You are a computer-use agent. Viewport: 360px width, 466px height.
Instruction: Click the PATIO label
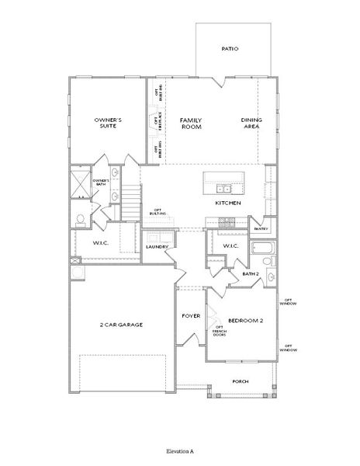230,48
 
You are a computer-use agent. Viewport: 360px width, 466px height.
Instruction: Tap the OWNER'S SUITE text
106,123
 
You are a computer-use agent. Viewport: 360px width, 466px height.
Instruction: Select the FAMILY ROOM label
191,123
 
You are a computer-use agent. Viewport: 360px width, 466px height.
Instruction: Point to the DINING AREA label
251,123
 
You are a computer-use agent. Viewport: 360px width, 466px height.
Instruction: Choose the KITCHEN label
228,203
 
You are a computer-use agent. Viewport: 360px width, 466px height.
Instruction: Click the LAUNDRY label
157,247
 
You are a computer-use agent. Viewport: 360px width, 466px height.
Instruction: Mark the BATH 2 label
250,274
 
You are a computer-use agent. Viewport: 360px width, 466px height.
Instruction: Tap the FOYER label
191,316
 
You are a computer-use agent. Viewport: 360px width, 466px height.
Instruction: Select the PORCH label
241,381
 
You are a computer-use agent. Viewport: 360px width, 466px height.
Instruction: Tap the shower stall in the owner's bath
80,183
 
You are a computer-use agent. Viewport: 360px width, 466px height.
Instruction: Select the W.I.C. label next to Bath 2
229,246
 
